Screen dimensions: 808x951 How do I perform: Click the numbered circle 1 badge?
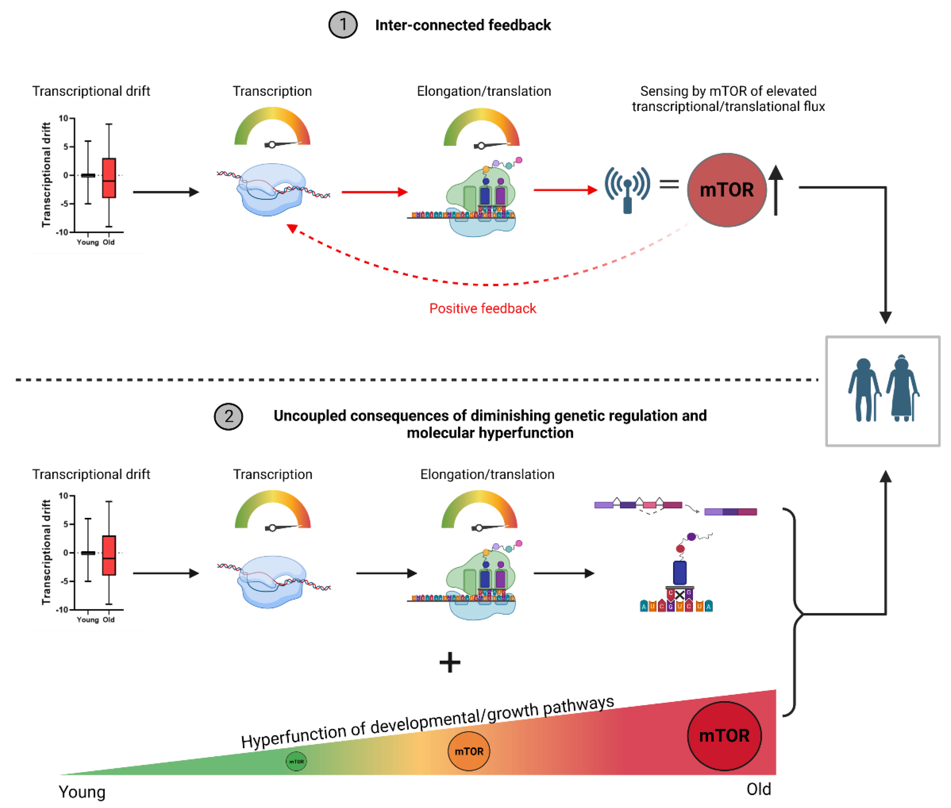(x=342, y=25)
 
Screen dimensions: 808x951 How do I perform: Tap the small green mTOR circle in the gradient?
(x=296, y=761)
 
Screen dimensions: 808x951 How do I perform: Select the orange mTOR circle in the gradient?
(x=468, y=751)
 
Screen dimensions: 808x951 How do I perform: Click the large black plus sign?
(x=449, y=662)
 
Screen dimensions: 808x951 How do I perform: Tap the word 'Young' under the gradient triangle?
(x=82, y=792)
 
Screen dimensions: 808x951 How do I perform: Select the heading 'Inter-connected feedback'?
(x=463, y=25)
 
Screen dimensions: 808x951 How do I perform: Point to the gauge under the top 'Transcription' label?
(x=272, y=128)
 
